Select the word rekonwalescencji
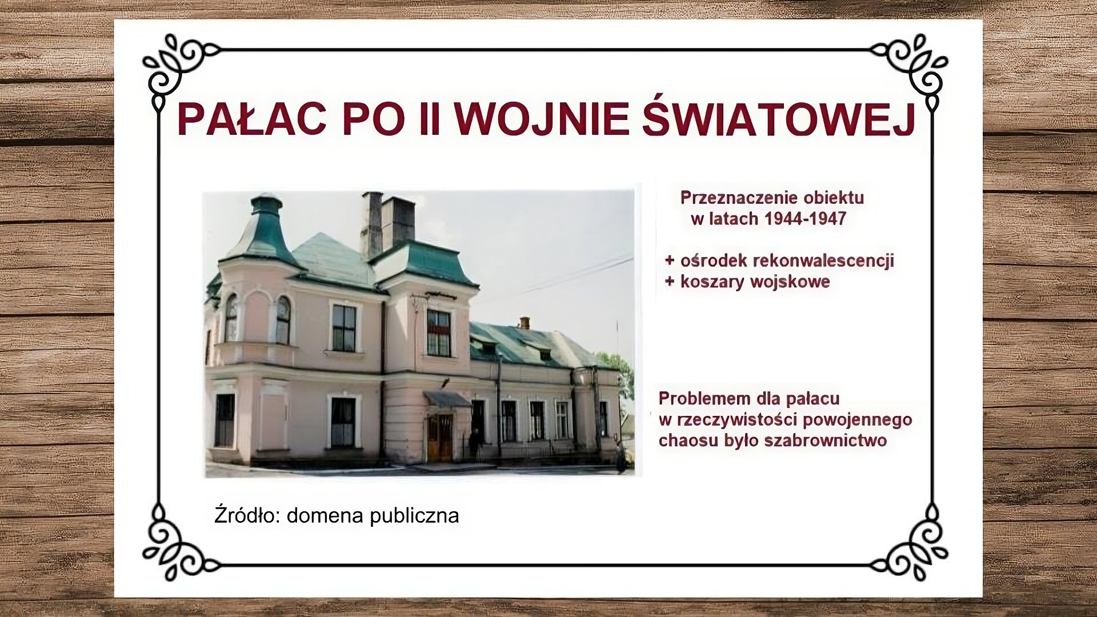point(823,261)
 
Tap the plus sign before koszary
point(670,282)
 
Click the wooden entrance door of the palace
point(439,436)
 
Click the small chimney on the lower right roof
point(524,322)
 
